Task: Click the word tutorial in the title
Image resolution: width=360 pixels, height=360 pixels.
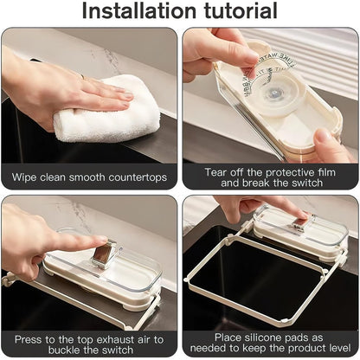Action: (x=235, y=12)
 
